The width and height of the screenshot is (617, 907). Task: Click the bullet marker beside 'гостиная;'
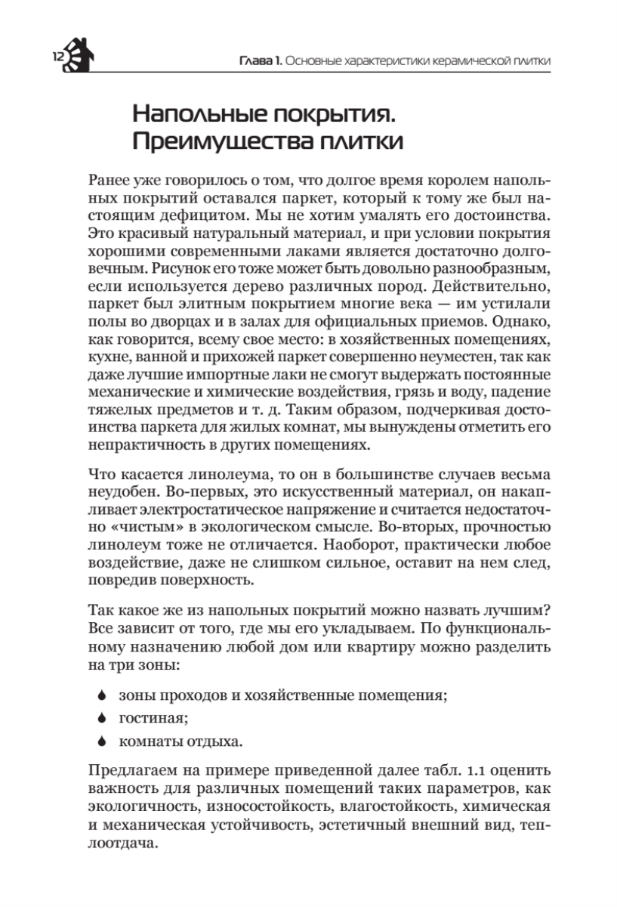point(100,717)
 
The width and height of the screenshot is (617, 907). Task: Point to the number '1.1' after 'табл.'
point(439,771)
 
